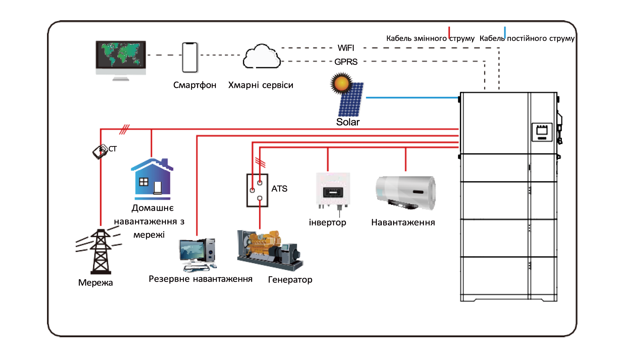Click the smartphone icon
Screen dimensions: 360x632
pyautogui.click(x=190, y=57)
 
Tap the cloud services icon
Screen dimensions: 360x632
pyautogui.click(x=261, y=57)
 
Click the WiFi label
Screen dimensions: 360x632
pyautogui.click(x=346, y=48)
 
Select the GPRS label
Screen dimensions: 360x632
pyautogui.click(x=346, y=62)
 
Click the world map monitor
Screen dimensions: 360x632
pyautogui.click(x=121, y=58)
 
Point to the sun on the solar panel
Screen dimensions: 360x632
pyautogui.click(x=341, y=83)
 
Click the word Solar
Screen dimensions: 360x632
pyautogui.click(x=348, y=122)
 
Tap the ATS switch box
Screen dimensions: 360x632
pyautogui.click(x=257, y=190)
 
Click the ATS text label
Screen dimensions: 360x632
pyautogui.click(x=279, y=189)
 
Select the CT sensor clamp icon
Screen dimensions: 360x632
pyautogui.click(x=100, y=151)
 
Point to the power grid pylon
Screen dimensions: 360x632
pyautogui.click(x=100, y=252)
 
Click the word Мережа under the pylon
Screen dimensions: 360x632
pyautogui.click(x=95, y=283)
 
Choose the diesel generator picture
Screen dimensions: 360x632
pyautogui.click(x=270, y=250)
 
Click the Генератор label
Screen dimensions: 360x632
pyautogui.click(x=290, y=280)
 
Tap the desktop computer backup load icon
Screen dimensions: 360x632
pyautogui.click(x=198, y=254)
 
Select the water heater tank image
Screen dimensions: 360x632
pyautogui.click(x=406, y=192)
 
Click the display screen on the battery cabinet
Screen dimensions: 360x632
pyautogui.click(x=542, y=132)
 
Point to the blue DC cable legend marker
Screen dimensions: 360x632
pyautogui.click(x=505, y=32)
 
